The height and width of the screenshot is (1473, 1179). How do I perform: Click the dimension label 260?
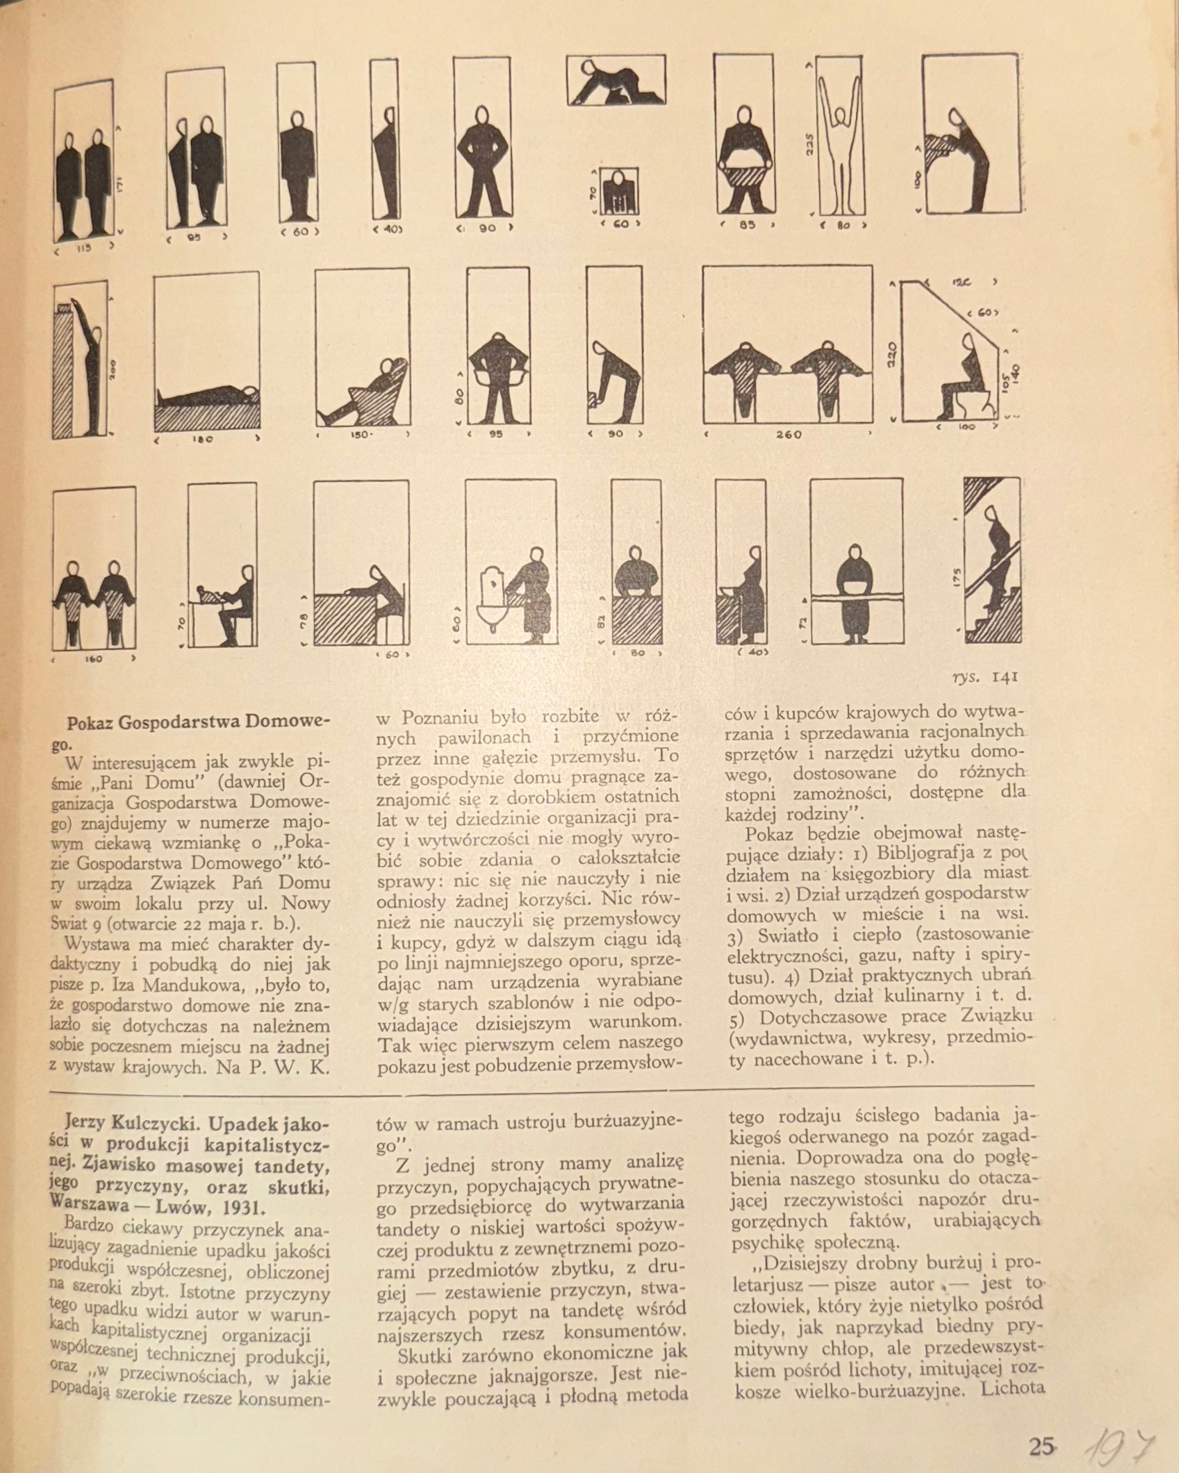tap(788, 435)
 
